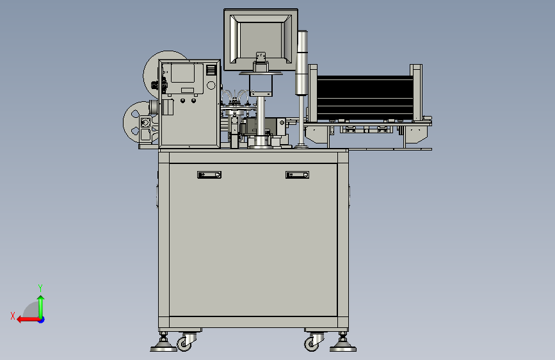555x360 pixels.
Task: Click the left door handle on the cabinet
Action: click(209, 175)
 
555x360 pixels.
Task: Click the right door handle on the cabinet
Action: click(297, 175)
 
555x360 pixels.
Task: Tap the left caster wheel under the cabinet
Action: click(184, 343)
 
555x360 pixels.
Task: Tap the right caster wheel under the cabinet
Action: click(311, 344)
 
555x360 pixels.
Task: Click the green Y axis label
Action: click(40, 288)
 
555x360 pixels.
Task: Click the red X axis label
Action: click(13, 316)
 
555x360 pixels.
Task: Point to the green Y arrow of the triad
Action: click(41, 307)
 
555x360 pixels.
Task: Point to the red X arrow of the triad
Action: click(29, 320)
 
